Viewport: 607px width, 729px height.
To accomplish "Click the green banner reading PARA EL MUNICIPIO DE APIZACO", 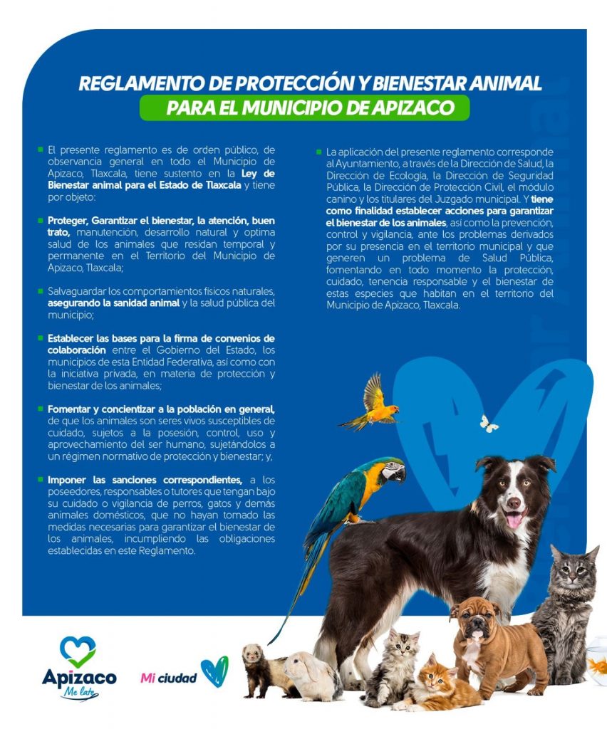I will [x=304, y=108].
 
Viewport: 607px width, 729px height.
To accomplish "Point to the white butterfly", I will [x=489, y=424].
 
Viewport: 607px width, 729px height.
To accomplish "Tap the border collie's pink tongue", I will [x=514, y=520].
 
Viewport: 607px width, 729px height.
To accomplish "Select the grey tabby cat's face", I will [x=574, y=578].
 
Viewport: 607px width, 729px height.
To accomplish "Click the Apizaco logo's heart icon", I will [x=78, y=650].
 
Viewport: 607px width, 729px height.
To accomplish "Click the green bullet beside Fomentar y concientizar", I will [x=41, y=409].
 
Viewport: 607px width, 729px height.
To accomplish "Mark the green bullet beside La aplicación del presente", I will [x=319, y=152].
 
